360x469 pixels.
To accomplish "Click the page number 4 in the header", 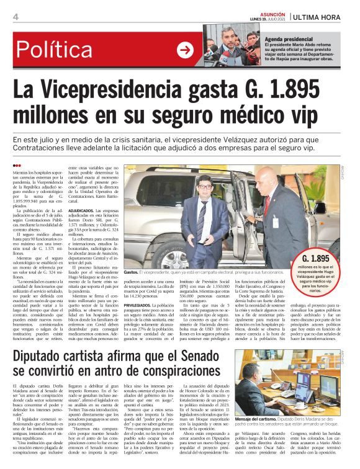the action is point(15,17).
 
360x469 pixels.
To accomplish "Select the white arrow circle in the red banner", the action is point(184,50).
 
